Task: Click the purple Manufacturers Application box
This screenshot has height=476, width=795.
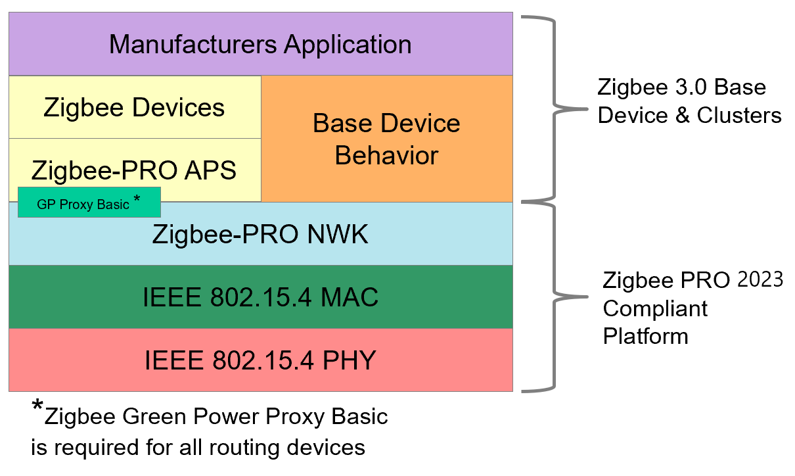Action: (260, 44)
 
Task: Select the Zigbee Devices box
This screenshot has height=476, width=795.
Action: (134, 107)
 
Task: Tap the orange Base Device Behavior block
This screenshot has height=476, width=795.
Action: (386, 139)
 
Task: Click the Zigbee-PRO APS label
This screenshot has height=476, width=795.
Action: (134, 170)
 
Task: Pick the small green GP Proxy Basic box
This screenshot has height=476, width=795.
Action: (89, 203)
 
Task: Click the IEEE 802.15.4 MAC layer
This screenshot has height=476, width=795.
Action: (260, 297)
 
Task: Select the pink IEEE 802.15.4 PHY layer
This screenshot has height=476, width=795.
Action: (260, 360)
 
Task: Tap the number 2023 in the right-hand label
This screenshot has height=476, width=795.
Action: (760, 280)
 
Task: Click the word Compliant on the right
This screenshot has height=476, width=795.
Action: (656, 308)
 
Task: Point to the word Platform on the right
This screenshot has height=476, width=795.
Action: (646, 336)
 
